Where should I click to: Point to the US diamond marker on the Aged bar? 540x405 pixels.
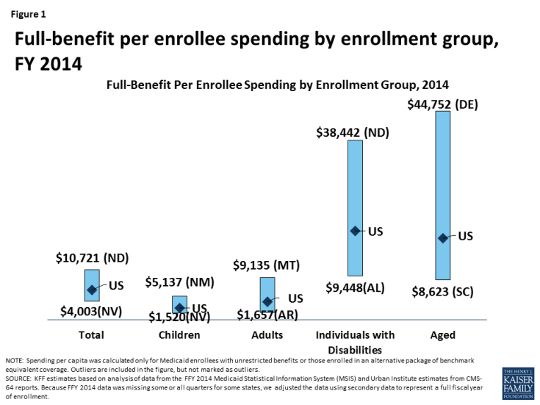coord(442,237)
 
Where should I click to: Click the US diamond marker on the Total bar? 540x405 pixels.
coord(91,290)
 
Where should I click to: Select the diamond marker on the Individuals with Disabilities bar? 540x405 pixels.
coord(356,231)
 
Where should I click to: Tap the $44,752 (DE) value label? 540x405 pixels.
coord(442,104)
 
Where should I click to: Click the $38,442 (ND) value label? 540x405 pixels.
coord(353,133)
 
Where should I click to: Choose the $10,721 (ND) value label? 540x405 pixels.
coord(92,258)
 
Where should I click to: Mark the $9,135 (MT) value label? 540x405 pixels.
coord(267,265)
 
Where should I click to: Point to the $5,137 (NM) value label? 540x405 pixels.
coord(179,282)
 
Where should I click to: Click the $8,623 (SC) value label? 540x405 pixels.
coord(442,291)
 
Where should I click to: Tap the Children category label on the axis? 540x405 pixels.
coord(179,334)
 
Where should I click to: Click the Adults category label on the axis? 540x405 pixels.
coord(267,334)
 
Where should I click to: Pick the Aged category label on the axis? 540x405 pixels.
coord(442,334)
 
